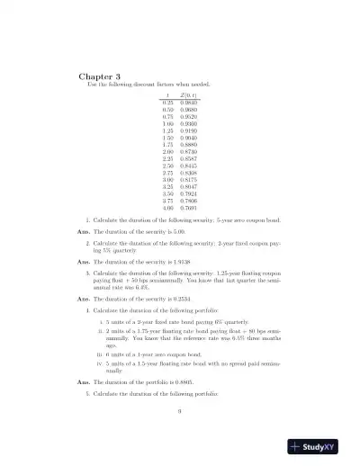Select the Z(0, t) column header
tap(190, 95)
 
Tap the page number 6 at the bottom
tap(179, 410)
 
